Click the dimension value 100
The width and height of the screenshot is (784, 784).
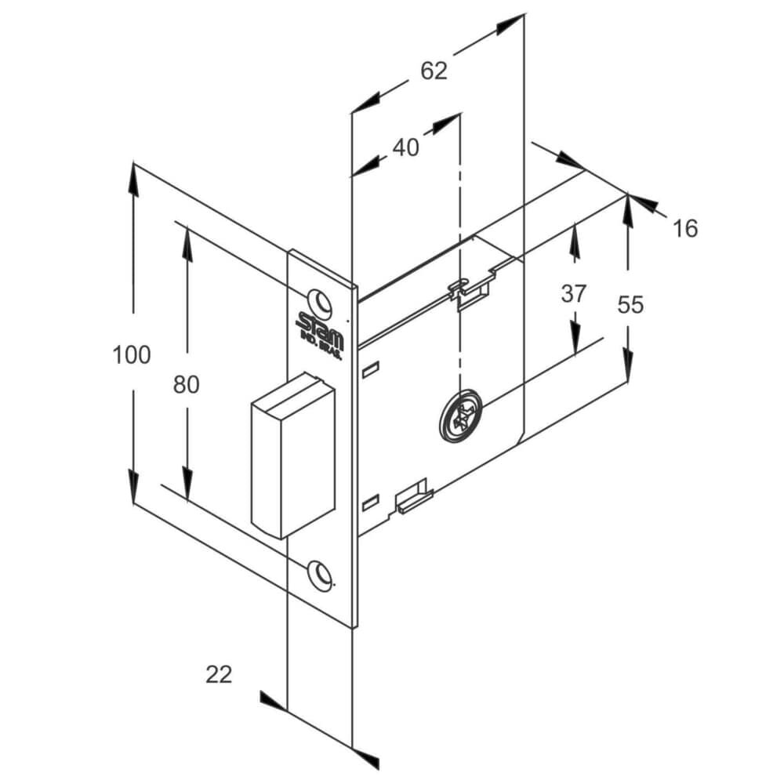131,354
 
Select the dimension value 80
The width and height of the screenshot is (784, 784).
187,384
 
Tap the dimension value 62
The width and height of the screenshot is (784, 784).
434,71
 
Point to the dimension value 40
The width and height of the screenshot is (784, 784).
405,147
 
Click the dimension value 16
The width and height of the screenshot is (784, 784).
684,228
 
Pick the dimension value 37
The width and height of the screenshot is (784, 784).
574,294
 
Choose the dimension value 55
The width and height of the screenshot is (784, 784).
630,304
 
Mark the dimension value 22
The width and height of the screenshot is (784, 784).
219,673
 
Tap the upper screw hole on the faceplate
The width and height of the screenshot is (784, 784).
319,300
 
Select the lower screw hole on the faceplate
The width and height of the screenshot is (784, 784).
320,573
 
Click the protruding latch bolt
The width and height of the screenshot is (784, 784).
292,456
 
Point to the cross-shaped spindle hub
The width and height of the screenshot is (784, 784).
460,416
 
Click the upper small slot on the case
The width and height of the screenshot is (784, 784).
371,366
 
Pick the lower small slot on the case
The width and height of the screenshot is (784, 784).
371,499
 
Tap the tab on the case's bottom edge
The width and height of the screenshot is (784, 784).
413,498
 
